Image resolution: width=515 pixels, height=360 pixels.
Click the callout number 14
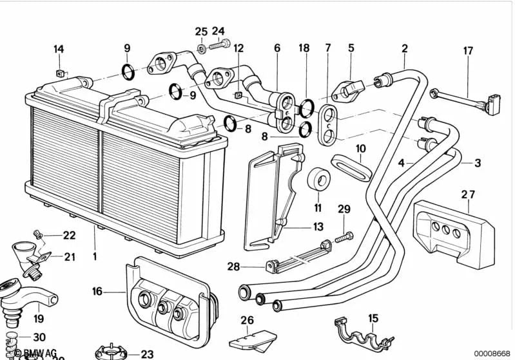(59, 49)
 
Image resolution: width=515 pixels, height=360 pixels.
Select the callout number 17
(468, 51)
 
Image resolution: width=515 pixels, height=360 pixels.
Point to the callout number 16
(97, 292)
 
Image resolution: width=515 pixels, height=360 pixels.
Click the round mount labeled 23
(112, 353)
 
